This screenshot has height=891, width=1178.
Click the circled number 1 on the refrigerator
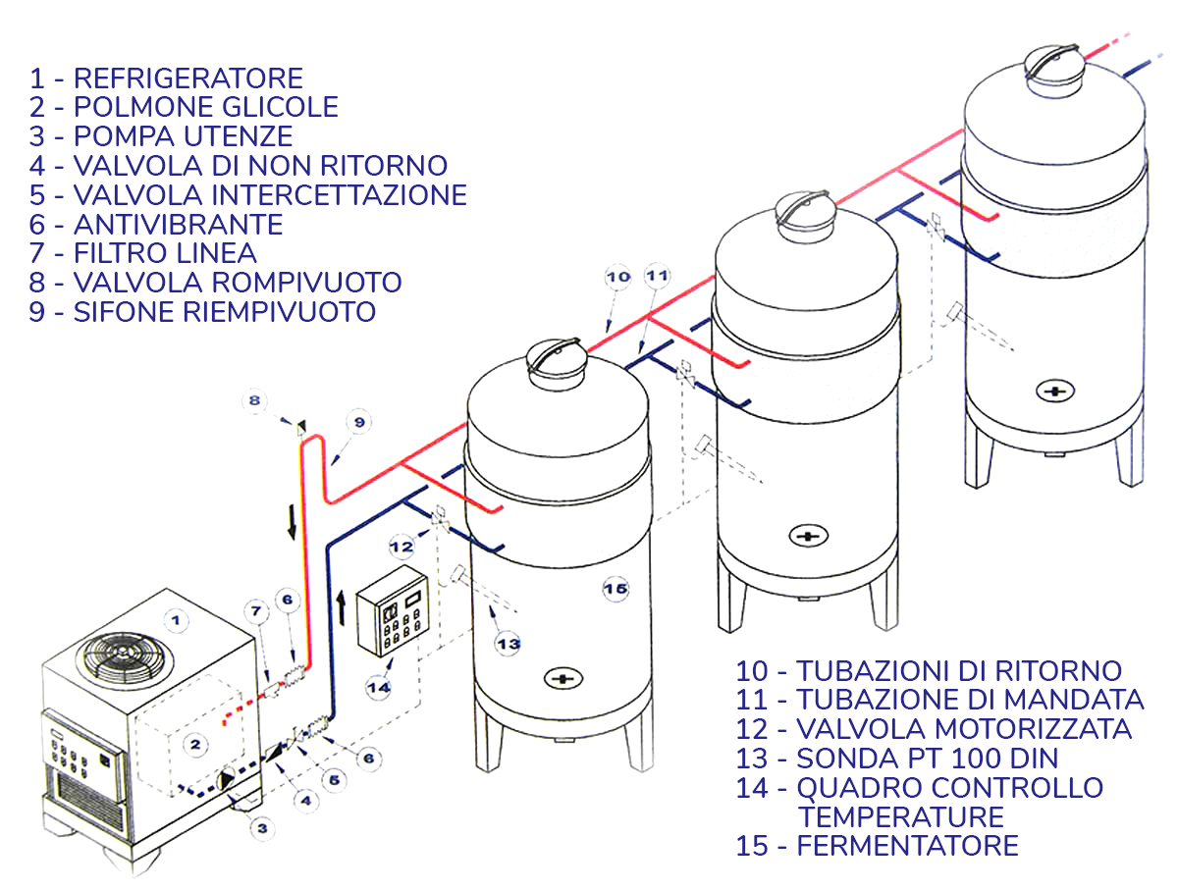(x=175, y=619)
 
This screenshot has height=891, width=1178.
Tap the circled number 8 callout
(x=254, y=400)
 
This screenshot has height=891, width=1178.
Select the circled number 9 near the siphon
(x=358, y=421)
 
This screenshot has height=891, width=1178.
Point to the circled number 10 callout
(x=617, y=278)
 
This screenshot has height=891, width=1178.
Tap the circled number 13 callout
(x=507, y=645)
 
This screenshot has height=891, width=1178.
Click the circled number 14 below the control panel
(x=379, y=687)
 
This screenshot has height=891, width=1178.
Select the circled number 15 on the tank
(x=615, y=588)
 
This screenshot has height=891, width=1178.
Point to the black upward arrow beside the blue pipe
(x=341, y=606)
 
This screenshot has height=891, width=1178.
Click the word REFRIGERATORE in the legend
(x=188, y=78)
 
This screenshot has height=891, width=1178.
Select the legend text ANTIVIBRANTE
(x=178, y=224)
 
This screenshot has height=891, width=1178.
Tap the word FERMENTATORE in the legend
(x=907, y=845)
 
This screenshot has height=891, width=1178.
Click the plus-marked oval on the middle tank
(x=808, y=536)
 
